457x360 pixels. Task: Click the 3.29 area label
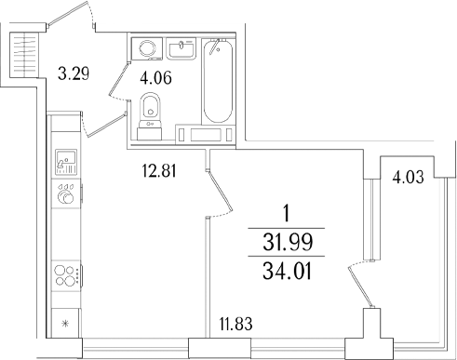[73, 72]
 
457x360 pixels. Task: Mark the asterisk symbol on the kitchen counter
[65, 324]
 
